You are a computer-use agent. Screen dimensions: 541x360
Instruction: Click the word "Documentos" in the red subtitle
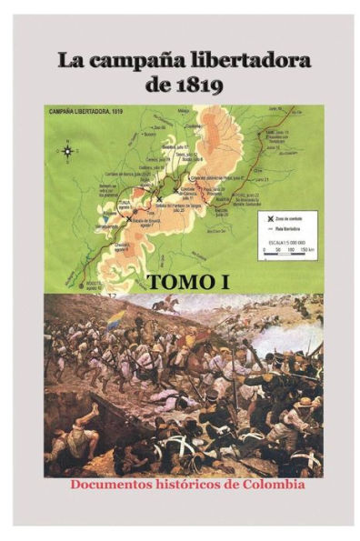[108, 484]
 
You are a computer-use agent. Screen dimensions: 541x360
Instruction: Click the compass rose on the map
[67, 150]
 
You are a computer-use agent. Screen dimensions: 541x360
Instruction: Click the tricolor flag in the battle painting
[117, 320]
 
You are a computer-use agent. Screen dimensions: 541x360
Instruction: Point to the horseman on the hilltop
[165, 305]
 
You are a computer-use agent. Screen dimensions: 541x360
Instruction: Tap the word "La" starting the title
[70, 62]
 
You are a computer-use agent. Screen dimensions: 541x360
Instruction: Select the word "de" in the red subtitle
[233, 484]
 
